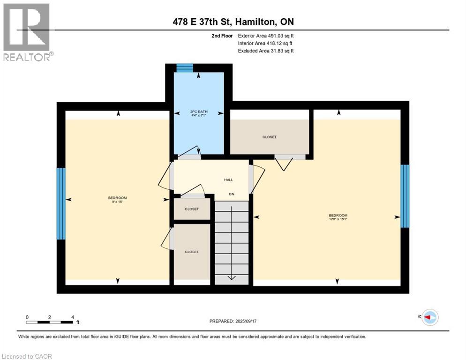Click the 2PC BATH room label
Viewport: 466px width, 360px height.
click(199, 113)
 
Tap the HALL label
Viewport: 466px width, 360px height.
click(228, 180)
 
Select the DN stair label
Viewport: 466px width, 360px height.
click(231, 194)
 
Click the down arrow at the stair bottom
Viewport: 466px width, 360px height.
click(231, 277)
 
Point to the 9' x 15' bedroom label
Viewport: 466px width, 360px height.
click(117, 200)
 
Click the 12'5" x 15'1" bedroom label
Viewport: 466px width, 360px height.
click(338, 217)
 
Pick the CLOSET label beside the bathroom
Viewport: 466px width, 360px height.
click(269, 137)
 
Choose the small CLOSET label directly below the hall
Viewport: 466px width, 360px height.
click(191, 209)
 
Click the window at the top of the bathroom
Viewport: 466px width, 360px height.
click(185, 68)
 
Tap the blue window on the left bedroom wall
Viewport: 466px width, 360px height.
click(61, 203)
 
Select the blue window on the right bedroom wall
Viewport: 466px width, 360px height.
click(405, 196)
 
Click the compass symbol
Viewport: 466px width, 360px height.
click(429, 317)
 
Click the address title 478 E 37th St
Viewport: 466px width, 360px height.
click(233, 22)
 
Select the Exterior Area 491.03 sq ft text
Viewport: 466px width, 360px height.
click(266, 36)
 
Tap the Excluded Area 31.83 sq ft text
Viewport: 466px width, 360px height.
click(266, 51)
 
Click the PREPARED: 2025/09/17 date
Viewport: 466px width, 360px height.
click(233, 321)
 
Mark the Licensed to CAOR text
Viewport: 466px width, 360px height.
click(27, 356)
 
